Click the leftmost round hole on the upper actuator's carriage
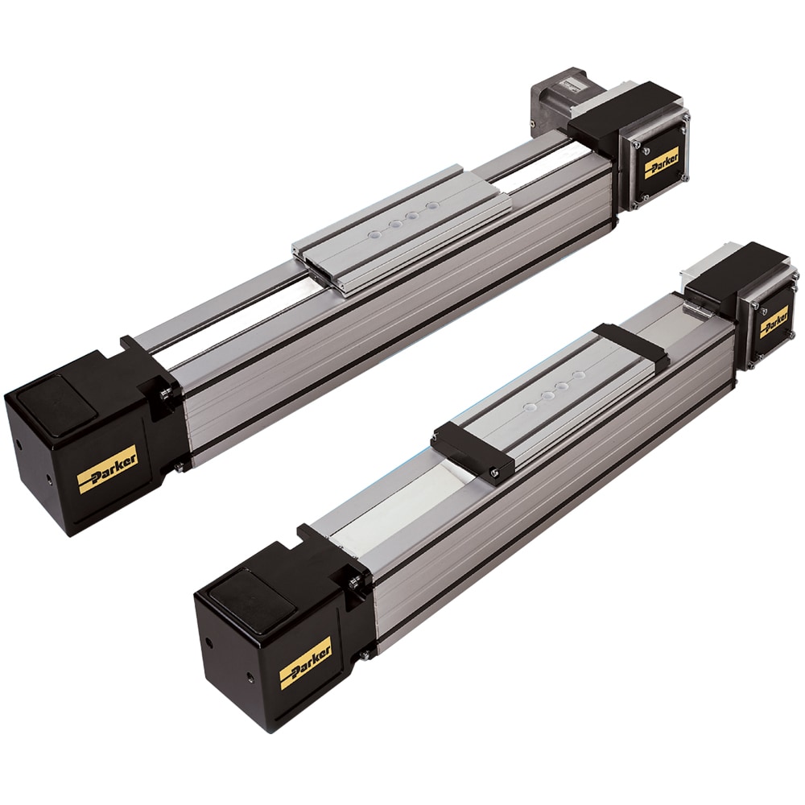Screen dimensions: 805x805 [376, 233]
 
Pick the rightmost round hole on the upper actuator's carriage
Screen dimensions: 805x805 [434, 205]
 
